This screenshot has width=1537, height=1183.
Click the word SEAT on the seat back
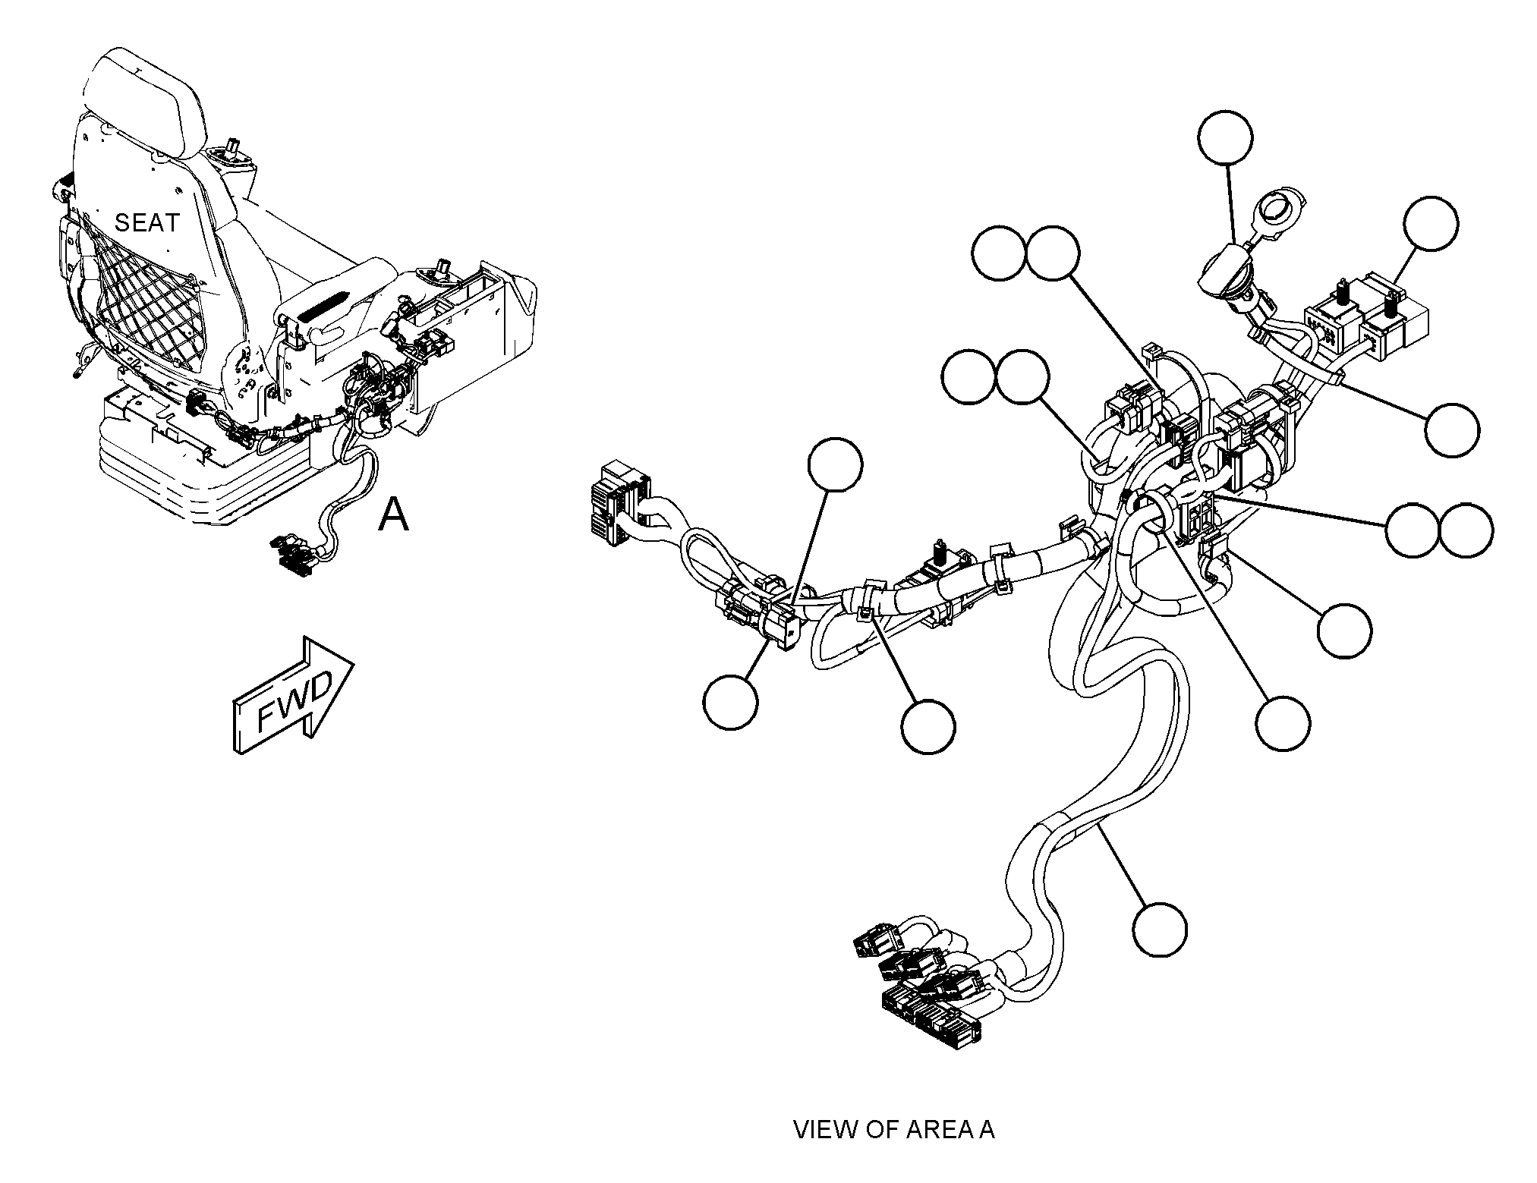tap(147, 223)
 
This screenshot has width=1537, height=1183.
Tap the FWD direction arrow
tap(293, 695)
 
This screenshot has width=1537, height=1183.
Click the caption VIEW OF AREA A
tap(893, 1129)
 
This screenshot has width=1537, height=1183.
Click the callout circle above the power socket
tap(1225, 137)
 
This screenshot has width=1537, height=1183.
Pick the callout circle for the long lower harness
tap(1160, 930)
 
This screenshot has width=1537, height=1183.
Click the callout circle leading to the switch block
tap(1431, 223)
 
